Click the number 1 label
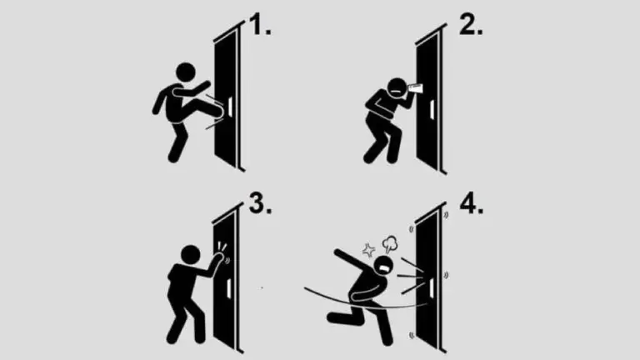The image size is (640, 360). point(259,24)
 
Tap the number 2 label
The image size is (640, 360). point(471,24)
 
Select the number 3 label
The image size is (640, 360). point(260,202)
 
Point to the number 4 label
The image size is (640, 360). point(472,202)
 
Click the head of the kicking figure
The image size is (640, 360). point(186,72)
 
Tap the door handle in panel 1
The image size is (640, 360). point(230,105)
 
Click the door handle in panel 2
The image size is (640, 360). point(432,109)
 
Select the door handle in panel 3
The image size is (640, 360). point(229,287)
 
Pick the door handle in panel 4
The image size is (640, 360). point(432,287)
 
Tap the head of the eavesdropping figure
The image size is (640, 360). point(396,87)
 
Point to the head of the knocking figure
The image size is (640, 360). point(191,255)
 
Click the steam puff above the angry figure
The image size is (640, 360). point(390,243)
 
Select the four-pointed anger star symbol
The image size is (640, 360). point(369,250)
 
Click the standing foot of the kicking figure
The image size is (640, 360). point(173,157)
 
